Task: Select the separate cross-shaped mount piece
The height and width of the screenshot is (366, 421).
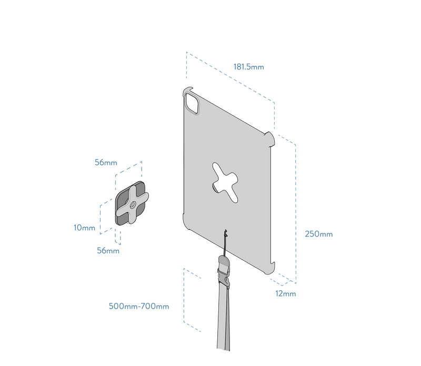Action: click(132, 204)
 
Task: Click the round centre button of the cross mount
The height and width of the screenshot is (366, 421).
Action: click(132, 205)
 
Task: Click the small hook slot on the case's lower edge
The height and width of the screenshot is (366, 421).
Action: click(225, 232)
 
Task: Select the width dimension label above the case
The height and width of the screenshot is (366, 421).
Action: click(248, 67)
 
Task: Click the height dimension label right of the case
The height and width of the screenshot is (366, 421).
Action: click(318, 234)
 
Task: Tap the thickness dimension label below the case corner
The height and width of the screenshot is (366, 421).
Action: click(286, 293)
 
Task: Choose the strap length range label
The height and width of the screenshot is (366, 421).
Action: click(139, 306)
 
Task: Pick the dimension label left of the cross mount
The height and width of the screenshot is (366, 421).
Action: click(84, 228)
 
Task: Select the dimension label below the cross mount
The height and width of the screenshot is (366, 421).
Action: click(108, 251)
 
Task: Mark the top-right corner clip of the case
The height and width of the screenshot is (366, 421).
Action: click(271, 138)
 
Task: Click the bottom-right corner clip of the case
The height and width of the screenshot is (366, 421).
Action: click(270, 268)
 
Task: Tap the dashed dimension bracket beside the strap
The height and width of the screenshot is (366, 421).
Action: click(184, 300)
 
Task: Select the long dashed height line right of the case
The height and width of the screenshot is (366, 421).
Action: click(296, 210)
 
